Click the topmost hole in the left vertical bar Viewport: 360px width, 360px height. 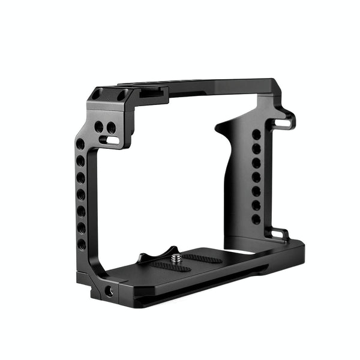click(x=80, y=145)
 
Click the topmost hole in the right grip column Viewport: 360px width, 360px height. click(x=256, y=135)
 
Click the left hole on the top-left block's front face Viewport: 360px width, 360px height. click(x=98, y=127)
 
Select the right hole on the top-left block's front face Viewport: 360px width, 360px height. click(x=111, y=127)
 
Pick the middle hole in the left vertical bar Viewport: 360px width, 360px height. click(x=81, y=194)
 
